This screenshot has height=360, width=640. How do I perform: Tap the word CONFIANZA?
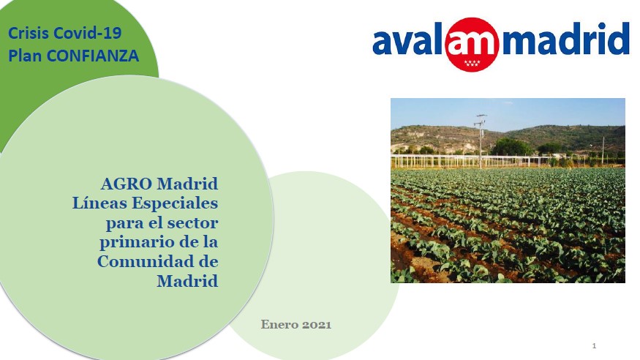click(93, 56)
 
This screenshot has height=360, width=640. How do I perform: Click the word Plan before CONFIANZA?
click(25, 56)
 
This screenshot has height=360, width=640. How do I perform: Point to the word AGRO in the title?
click(127, 184)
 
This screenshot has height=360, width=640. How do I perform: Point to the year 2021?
click(317, 324)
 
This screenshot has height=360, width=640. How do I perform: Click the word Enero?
click(279, 324)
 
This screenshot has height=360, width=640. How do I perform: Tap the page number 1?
click(594, 345)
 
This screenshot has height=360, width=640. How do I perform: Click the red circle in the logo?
click(473, 44)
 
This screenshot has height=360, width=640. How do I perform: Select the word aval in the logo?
click(407, 40)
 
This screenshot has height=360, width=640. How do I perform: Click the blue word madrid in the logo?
click(565, 39)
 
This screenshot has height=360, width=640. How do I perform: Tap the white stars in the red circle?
click(473, 63)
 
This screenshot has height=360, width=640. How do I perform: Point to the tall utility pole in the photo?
click(481, 141)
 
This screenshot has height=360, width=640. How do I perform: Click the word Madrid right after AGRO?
click(187, 184)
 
